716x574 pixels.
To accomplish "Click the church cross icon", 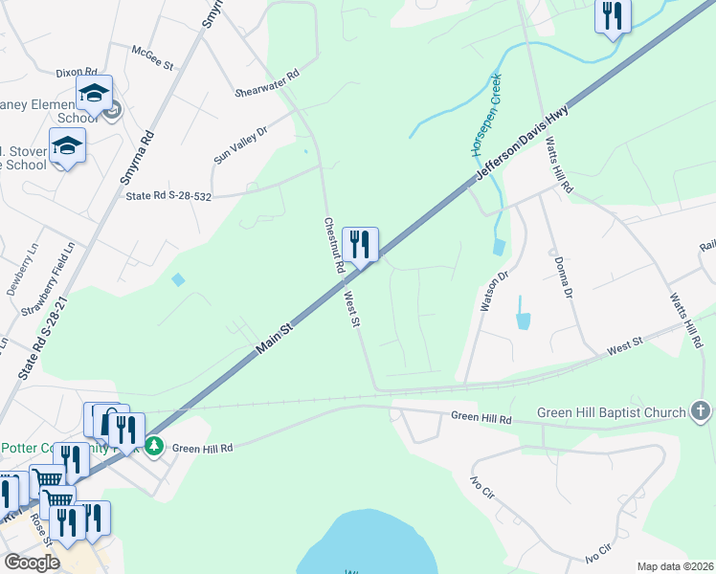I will pyautogui.click(x=701, y=412).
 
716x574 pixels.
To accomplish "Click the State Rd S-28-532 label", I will pyautogui.click(x=168, y=195).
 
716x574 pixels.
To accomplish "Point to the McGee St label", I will pyautogui.click(x=152, y=60).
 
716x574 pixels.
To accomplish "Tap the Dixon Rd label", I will pyautogui.click(x=77, y=72).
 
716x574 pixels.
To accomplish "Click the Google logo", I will pyautogui.click(x=33, y=563).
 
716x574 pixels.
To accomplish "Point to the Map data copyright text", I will pyautogui.click(x=674, y=566).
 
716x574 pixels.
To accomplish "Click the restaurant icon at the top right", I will pyautogui.click(x=613, y=16).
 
